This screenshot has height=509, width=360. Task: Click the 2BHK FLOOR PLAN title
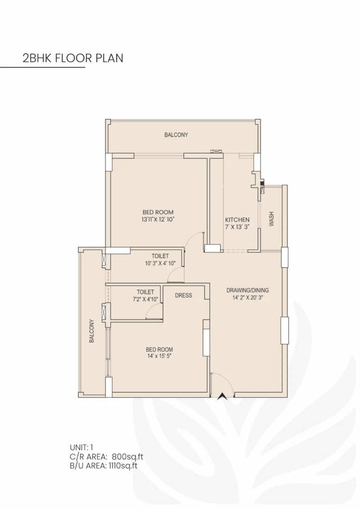point(73,58)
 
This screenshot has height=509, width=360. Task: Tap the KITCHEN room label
point(237,220)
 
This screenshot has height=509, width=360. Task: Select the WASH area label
point(271,219)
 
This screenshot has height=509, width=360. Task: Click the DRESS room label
point(183,295)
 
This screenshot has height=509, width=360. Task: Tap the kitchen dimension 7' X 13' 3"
point(237,227)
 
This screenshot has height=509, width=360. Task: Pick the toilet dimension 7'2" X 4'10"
point(146,299)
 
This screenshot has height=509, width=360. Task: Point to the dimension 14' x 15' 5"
point(159,356)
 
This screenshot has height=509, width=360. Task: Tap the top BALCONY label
point(176,135)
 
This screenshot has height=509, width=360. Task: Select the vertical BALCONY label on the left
point(92,331)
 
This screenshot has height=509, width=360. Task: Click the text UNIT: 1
point(82,447)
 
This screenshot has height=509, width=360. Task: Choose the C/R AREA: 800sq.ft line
point(107,456)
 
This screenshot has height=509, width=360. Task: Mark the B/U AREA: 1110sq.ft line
point(103,466)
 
